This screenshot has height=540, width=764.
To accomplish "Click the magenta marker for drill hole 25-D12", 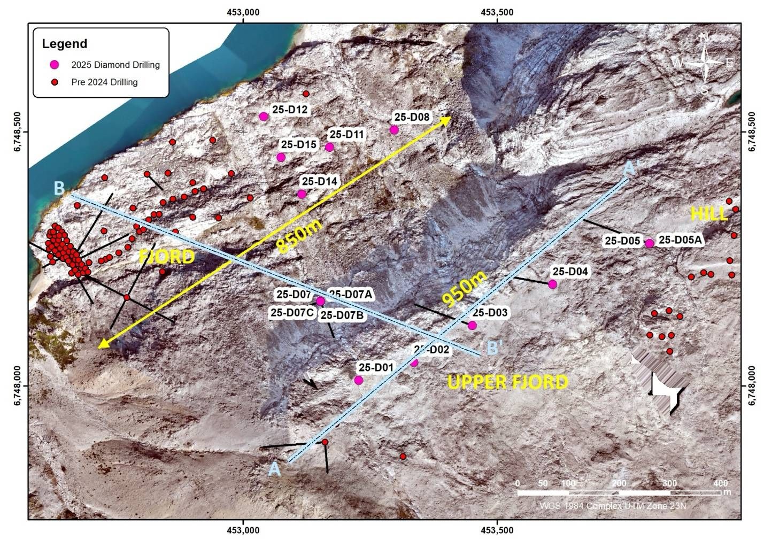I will [x=263, y=117].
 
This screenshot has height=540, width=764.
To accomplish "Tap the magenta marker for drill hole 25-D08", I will [x=394, y=130].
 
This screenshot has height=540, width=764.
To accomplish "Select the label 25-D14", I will [x=319, y=181].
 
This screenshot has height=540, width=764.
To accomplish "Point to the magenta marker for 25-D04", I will [x=552, y=284].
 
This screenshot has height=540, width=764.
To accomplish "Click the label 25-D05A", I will [x=680, y=241].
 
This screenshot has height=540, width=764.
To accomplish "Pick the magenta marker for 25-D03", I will [x=472, y=326].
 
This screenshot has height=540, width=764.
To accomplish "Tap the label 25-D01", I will [x=376, y=367].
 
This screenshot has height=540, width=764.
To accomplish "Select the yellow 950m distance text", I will [x=464, y=289].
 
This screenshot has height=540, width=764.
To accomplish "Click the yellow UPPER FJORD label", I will [x=507, y=382].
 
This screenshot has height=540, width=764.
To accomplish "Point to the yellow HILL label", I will [x=709, y=214].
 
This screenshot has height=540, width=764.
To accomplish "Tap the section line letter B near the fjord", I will [x=59, y=188].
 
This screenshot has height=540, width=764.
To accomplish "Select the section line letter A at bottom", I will [x=274, y=469].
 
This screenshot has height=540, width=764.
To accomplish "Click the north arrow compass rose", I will [x=705, y=63].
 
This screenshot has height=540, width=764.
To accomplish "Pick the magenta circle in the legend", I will [x=54, y=65].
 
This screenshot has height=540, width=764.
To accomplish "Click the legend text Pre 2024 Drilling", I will [x=104, y=82].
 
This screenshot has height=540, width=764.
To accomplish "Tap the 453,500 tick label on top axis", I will [x=498, y=12].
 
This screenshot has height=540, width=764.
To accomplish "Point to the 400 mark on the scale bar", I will [x=721, y=483].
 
